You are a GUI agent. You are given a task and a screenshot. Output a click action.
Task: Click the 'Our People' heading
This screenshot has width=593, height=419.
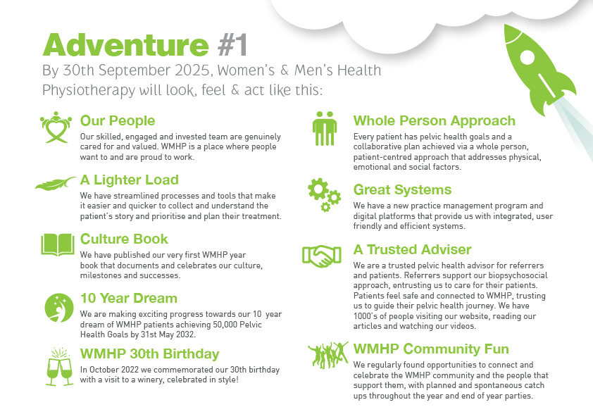118,120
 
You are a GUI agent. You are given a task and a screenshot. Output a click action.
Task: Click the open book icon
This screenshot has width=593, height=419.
58,244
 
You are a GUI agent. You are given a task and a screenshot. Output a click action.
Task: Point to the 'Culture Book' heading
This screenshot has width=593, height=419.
124,239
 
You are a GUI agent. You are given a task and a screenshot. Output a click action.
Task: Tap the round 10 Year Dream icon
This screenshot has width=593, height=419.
59,308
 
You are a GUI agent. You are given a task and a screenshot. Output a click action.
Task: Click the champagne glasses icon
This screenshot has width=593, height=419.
59,367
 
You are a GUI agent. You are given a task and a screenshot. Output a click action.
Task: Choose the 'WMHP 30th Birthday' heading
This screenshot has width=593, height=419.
150,354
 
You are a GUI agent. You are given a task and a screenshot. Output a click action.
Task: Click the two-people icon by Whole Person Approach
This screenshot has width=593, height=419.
325,129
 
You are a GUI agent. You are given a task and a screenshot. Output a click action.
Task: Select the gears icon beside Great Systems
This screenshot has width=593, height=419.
324,194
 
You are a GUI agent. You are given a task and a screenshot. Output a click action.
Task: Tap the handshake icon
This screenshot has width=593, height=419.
321,255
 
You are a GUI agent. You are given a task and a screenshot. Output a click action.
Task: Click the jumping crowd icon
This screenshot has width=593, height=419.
328,355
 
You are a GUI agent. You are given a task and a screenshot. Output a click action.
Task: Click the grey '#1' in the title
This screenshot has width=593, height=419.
232,45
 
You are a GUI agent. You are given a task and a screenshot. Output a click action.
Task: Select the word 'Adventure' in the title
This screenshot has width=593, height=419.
125,45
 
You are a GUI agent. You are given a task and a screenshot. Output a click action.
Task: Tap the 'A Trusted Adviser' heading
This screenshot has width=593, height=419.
412,249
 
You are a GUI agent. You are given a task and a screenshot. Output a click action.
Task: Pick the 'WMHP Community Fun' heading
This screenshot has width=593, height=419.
431,349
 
